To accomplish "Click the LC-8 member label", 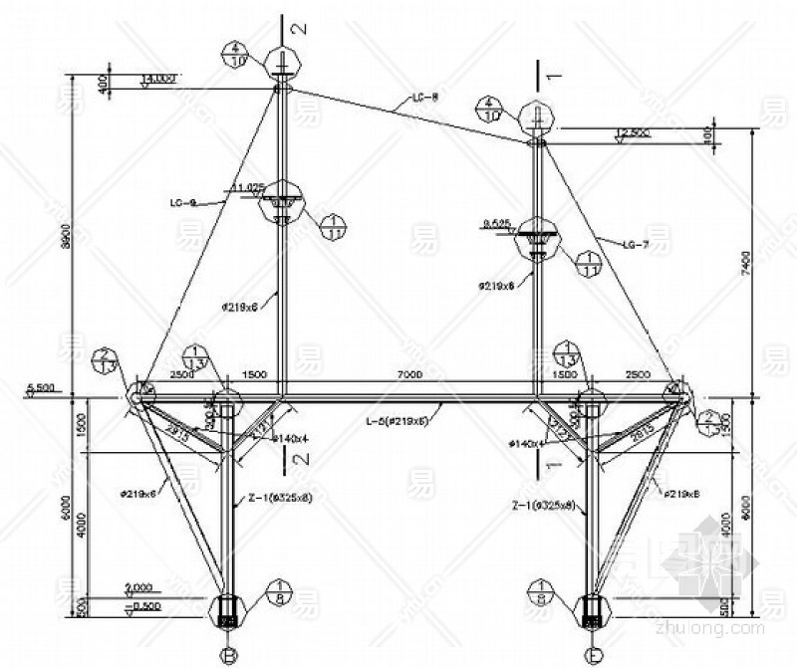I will pos(426,98).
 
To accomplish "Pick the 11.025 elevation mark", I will pos(247,186).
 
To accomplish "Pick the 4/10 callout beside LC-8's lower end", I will pos(487,110).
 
